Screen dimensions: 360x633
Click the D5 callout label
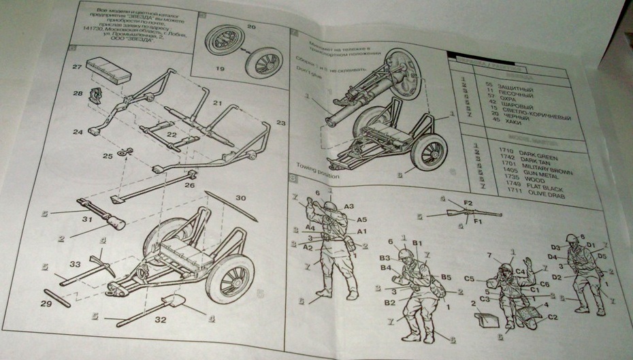pos(601,257)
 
